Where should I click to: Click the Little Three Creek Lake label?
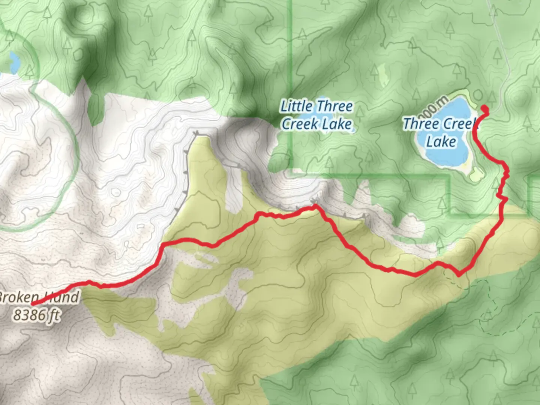[317, 115]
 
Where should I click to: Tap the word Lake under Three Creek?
[441, 142]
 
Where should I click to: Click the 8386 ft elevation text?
[37, 315]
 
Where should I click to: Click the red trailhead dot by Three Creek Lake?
[485, 109]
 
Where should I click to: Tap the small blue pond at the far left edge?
[14, 62]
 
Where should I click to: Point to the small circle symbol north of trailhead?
[477, 94]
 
